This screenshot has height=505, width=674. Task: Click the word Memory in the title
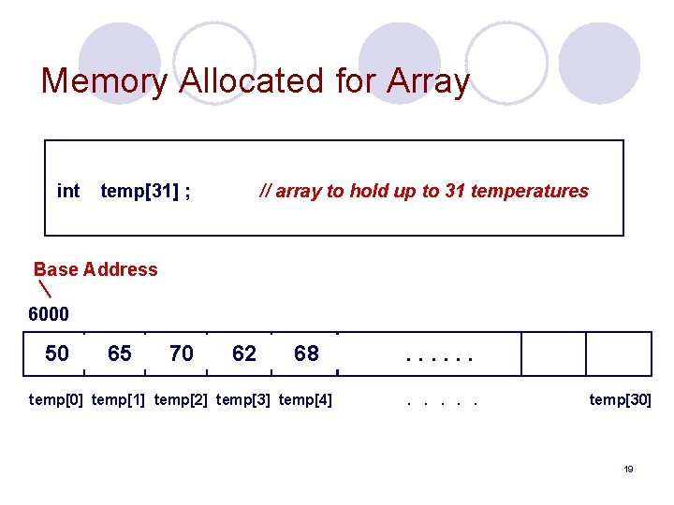(104, 81)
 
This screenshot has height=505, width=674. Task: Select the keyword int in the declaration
(68, 191)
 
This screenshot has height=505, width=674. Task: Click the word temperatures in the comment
(530, 191)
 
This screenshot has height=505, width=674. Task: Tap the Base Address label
(95, 269)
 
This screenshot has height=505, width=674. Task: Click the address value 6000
(49, 314)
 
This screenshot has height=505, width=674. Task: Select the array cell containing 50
(57, 353)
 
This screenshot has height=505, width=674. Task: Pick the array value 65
(120, 353)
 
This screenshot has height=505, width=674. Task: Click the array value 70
(182, 353)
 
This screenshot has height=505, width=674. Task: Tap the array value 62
(244, 353)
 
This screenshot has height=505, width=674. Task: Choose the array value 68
(306, 353)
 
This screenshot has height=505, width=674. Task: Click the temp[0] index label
(56, 400)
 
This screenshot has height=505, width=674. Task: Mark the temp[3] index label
(243, 400)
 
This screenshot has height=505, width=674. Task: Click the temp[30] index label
(620, 400)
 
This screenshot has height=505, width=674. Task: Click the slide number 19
(628, 469)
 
